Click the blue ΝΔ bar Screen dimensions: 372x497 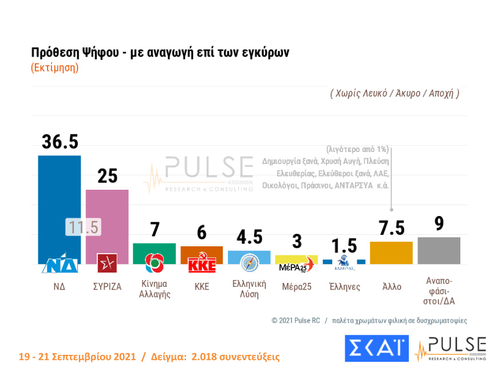pyautogui.click(x=59, y=194)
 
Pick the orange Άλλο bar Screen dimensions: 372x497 pyautogui.click(x=391, y=253)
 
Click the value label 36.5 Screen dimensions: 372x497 pyautogui.click(x=60, y=142)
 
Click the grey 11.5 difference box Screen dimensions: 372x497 pyautogui.click(x=83, y=227)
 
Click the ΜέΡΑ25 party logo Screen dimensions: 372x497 pyautogui.click(x=296, y=266)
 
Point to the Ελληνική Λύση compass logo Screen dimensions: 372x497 pyautogui.click(x=249, y=262)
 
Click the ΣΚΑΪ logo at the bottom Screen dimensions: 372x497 pyautogui.click(x=376, y=348)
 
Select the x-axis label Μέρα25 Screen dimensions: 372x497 pyautogui.click(x=297, y=286)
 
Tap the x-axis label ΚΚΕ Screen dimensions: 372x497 pyautogui.click(x=202, y=286)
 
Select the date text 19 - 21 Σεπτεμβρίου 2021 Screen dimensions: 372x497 pyautogui.click(x=77, y=357)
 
